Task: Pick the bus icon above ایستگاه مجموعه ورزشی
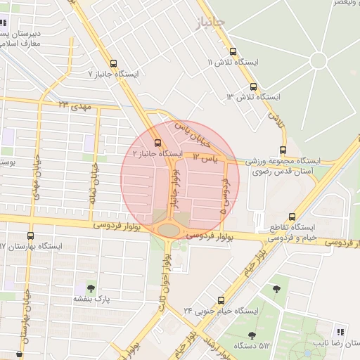click(283, 149)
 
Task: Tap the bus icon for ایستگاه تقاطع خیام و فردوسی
click(292, 217)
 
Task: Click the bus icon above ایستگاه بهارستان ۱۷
click(30, 236)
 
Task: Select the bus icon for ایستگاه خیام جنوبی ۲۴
click(221, 300)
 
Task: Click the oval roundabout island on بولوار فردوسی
click(169, 230)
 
